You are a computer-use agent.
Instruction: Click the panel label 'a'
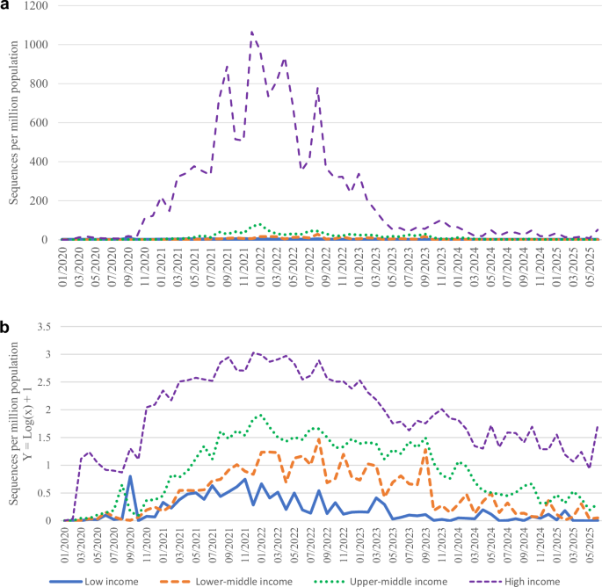[x=6, y=8]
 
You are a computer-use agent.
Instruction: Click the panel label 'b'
[x=6, y=303]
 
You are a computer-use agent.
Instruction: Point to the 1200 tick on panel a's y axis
[x=40, y=6]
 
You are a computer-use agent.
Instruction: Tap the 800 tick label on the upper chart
[x=44, y=84]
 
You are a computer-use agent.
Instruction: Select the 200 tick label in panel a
[x=44, y=200]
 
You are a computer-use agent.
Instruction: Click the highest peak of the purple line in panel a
[x=252, y=32]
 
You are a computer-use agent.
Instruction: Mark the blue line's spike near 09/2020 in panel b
[x=130, y=476]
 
